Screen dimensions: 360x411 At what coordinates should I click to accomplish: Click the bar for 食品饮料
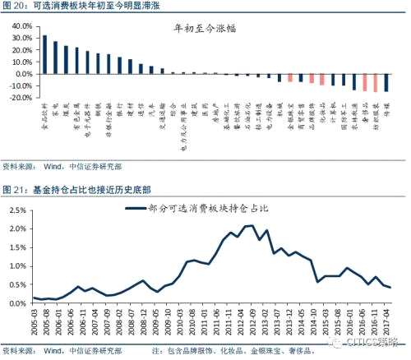44,54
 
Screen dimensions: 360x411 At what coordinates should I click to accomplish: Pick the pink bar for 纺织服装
375,83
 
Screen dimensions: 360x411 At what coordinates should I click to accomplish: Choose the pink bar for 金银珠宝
289,78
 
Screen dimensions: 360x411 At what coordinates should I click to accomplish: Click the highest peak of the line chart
251,225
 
